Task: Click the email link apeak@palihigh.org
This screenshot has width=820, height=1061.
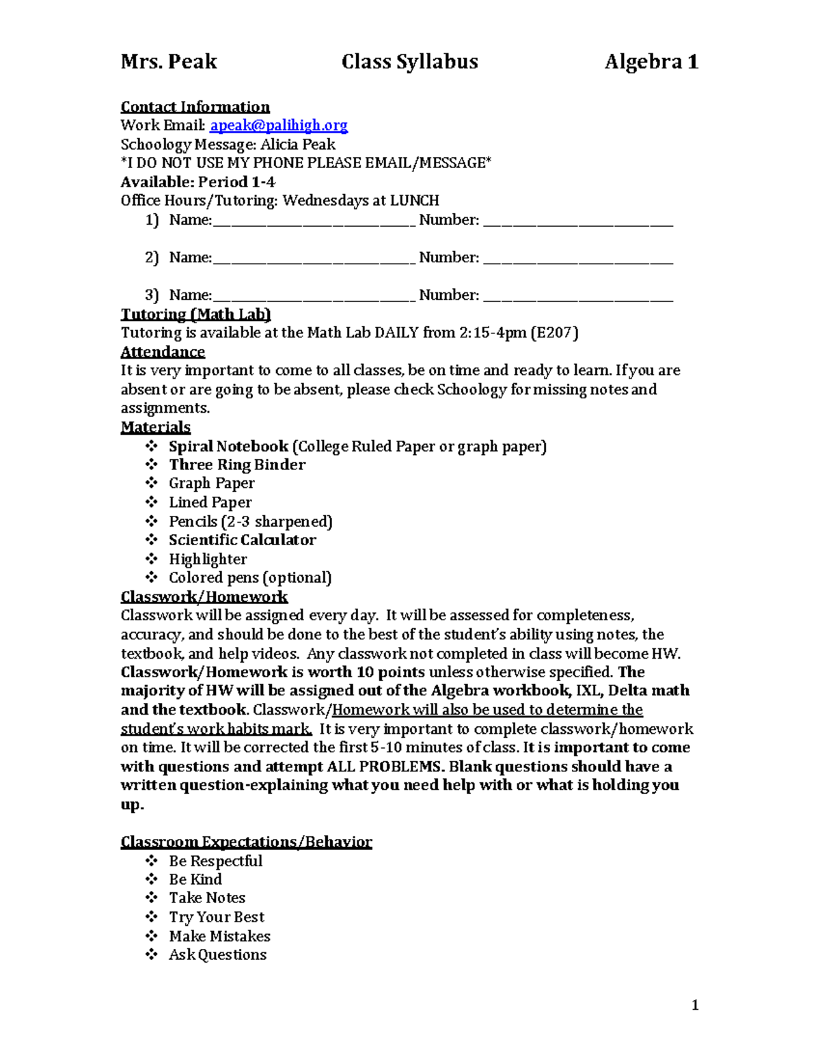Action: click(278, 126)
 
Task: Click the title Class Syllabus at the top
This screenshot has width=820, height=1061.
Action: click(409, 62)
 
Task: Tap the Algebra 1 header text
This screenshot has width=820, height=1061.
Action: click(651, 62)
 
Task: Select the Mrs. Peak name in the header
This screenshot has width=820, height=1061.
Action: click(168, 62)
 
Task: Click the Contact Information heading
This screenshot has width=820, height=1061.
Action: click(195, 107)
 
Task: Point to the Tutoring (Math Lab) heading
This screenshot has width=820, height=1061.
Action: click(195, 314)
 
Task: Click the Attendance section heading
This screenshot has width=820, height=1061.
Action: click(163, 352)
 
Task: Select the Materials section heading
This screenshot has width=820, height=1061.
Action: click(155, 428)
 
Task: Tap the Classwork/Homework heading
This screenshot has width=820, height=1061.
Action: click(204, 597)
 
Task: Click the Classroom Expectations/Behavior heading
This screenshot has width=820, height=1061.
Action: click(246, 842)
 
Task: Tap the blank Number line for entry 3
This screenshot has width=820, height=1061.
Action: click(577, 297)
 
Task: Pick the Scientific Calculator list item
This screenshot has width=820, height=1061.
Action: click(242, 540)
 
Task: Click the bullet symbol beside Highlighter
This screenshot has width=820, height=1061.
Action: click(151, 559)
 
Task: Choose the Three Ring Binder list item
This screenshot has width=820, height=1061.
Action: click(236, 465)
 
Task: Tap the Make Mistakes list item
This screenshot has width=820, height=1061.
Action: click(219, 937)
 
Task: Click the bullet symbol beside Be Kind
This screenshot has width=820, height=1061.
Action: click(151, 879)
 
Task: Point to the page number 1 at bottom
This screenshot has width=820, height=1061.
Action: click(695, 1005)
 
